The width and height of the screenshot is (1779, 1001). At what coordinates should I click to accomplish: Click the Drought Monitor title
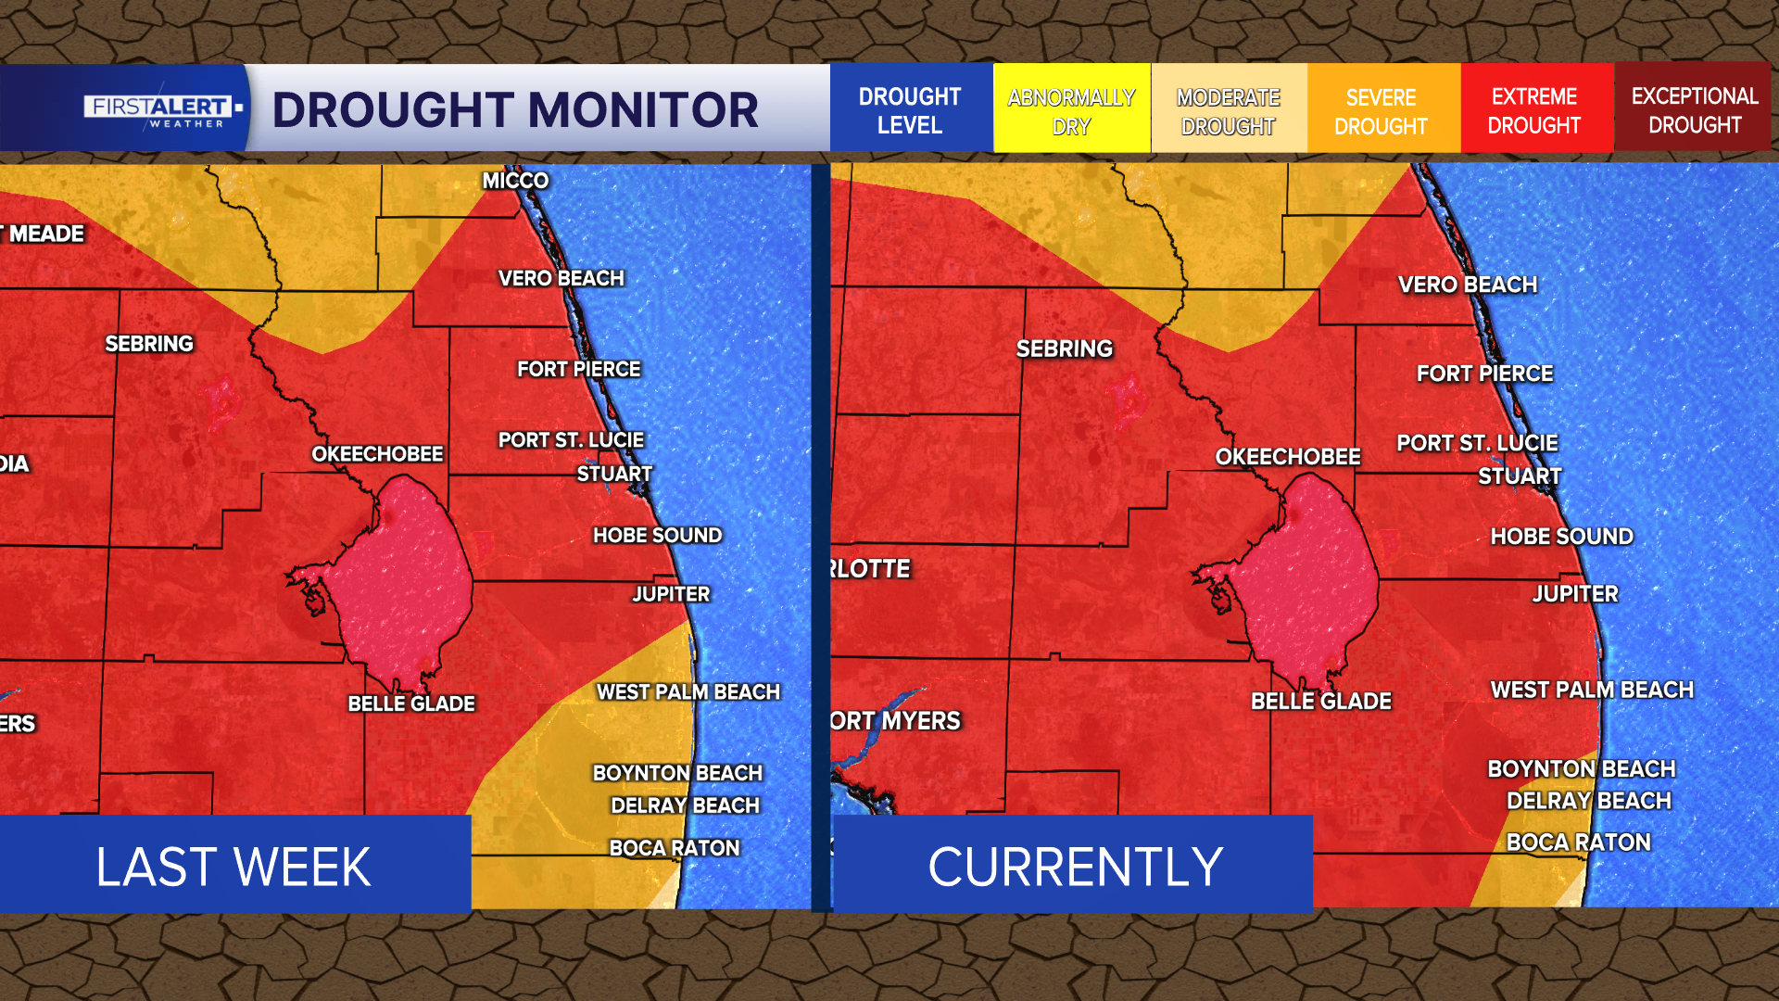(x=515, y=110)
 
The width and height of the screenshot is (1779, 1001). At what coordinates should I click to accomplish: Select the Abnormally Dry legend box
(x=1071, y=110)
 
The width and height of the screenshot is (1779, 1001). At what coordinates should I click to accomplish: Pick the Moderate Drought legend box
(x=1228, y=110)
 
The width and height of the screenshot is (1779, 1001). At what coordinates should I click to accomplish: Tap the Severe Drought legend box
(x=1381, y=110)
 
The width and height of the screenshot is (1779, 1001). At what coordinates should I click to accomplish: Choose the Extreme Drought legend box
(x=1534, y=110)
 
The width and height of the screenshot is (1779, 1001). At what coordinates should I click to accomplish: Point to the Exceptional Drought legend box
(x=1694, y=110)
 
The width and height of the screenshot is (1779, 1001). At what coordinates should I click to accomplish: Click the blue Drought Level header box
(x=910, y=110)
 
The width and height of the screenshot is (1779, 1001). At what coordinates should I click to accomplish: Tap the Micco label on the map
(x=515, y=181)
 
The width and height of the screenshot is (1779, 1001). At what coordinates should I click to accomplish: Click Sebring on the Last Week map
(x=149, y=344)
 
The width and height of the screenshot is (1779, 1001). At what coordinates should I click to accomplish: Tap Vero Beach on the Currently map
(x=1468, y=285)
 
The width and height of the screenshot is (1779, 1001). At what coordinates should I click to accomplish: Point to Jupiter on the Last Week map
(x=671, y=594)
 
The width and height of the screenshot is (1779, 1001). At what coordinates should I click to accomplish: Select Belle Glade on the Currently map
(x=1321, y=702)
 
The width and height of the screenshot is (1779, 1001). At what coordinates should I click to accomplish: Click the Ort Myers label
(x=895, y=721)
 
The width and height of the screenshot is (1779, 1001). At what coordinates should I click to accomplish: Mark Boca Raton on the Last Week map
(x=675, y=848)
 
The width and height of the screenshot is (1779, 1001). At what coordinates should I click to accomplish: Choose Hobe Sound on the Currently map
(x=1562, y=537)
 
